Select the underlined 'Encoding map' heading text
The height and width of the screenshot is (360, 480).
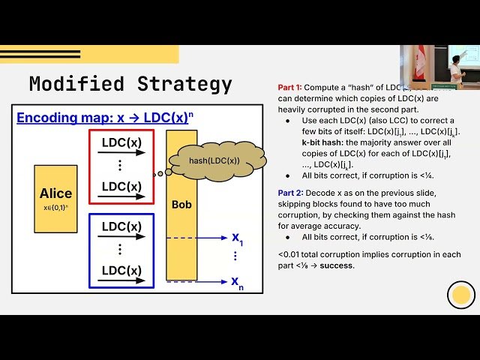click(x=63, y=118)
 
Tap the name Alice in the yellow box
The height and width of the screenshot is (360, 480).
click(x=55, y=193)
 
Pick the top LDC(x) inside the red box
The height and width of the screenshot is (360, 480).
click(x=121, y=143)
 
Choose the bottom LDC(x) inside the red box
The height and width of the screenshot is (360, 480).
click(x=121, y=186)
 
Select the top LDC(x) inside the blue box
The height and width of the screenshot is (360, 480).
click(x=121, y=226)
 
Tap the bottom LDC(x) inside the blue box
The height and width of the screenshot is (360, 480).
click(x=121, y=270)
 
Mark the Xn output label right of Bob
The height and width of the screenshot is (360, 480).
click(x=237, y=283)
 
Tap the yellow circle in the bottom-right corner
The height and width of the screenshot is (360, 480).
click(x=461, y=295)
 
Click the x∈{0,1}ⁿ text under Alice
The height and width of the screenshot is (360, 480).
click(x=55, y=207)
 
